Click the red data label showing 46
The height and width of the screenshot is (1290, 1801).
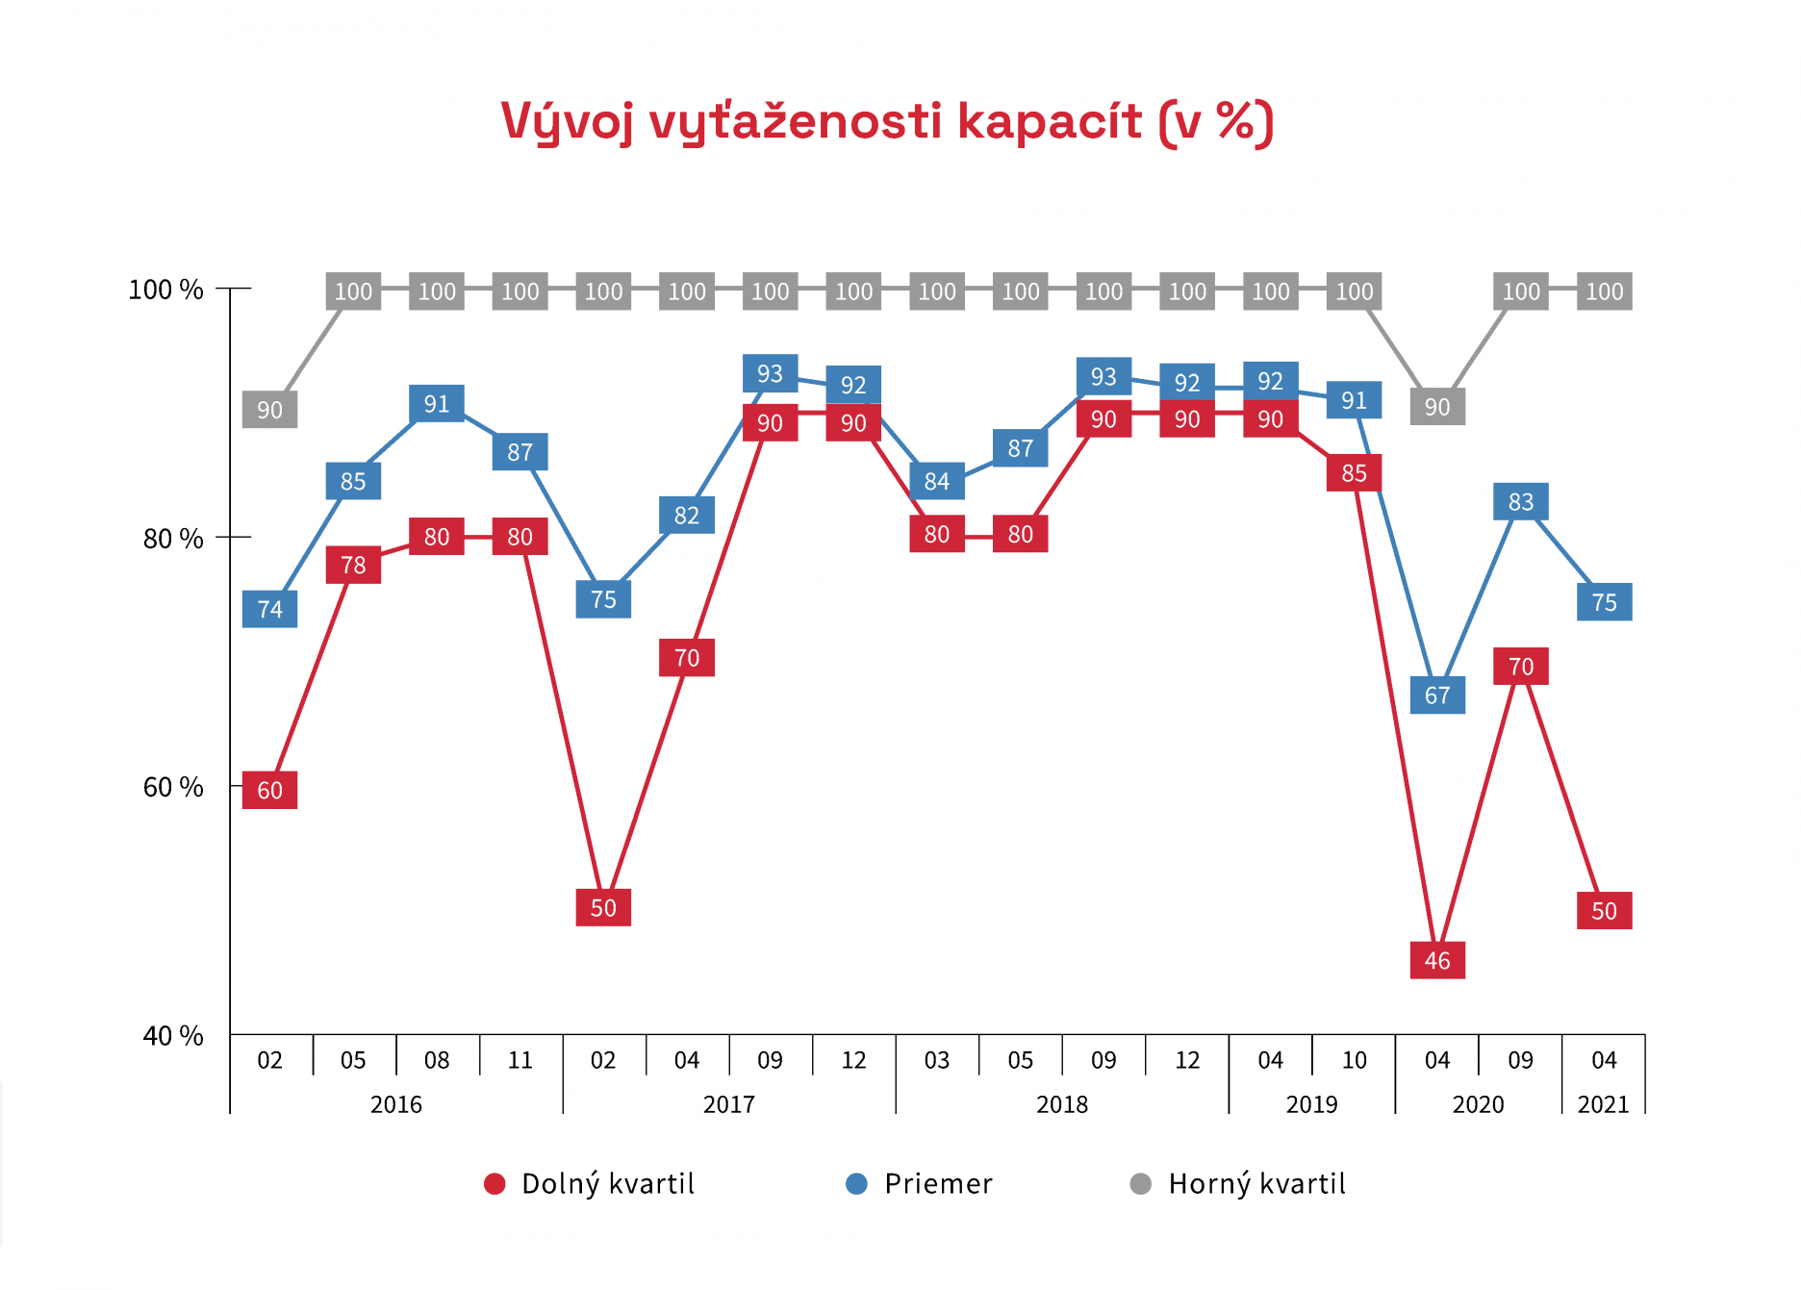[x=1436, y=960]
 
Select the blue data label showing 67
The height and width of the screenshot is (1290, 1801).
[x=1436, y=695]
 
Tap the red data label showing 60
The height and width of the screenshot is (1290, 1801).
[x=269, y=790]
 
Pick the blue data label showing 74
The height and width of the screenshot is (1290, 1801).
[x=269, y=609]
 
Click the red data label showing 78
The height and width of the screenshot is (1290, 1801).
[x=353, y=565]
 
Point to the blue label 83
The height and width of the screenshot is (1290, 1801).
[x=1520, y=501]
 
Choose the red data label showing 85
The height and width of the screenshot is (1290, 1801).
[x=1354, y=472]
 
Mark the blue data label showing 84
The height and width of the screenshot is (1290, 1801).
[x=936, y=481]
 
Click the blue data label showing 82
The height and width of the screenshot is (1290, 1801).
[x=686, y=516]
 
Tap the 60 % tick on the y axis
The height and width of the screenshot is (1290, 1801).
[x=173, y=787]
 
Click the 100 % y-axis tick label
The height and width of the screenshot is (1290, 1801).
[x=165, y=290]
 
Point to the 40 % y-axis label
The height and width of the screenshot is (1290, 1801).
[x=173, y=1035]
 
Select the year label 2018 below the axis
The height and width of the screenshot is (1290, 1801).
[x=1061, y=1104]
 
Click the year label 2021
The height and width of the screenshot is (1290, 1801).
[x=1603, y=1104]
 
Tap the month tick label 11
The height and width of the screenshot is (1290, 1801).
[x=520, y=1060]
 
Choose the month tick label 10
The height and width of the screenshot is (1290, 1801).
[x=1354, y=1060]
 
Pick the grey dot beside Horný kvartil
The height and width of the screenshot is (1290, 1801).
[x=1140, y=1183]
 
